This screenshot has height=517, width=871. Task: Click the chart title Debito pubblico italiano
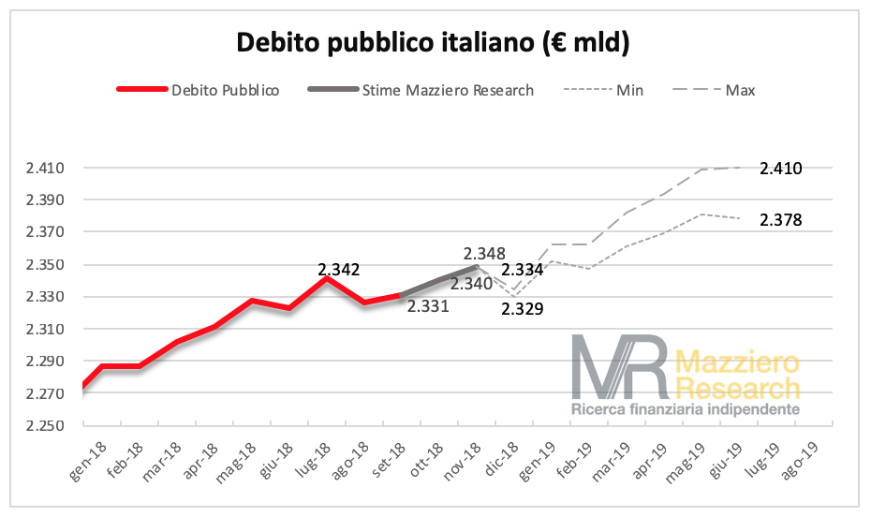click(434, 43)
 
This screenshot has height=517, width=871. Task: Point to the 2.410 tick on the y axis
click(44, 169)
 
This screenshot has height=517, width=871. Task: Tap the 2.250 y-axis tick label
click(44, 426)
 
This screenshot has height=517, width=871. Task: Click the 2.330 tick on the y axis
click(44, 298)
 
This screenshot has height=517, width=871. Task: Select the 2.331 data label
click(429, 305)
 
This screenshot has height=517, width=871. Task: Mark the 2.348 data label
click(484, 254)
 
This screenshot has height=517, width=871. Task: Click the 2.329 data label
click(523, 308)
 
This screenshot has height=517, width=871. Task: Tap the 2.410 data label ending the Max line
click(780, 169)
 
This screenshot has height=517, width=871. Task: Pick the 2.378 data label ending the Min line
click(780, 220)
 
